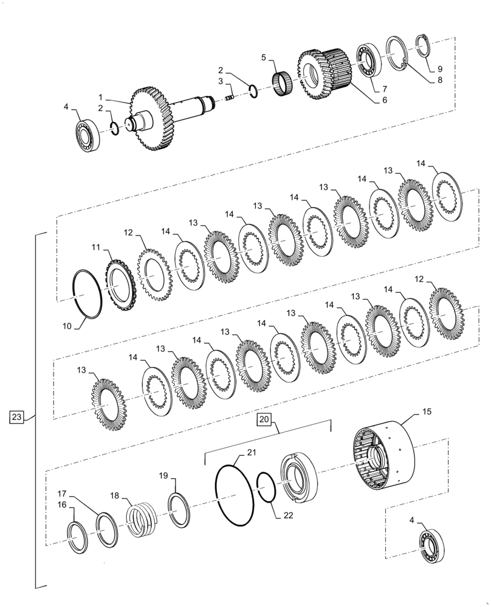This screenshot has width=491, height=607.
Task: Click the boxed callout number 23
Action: (17, 417)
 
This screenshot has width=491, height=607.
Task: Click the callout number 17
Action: (63, 493)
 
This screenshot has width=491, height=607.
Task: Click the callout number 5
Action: (263, 58)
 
